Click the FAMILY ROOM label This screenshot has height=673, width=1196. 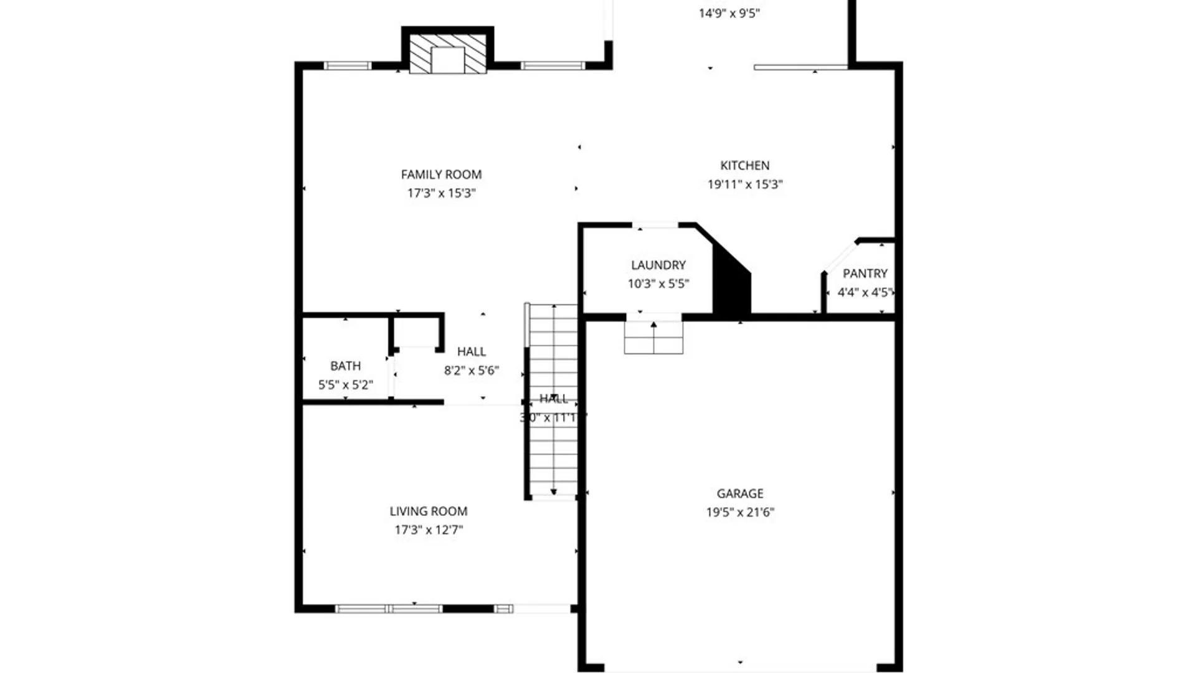click(441, 174)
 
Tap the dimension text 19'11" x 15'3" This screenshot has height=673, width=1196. click(744, 184)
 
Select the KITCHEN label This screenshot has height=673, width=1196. click(744, 165)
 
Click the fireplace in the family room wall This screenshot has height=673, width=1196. click(447, 54)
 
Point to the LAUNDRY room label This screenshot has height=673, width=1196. click(658, 265)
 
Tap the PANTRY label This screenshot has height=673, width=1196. click(865, 274)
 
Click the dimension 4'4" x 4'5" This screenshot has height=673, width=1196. click(865, 292)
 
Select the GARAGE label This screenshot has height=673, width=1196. click(739, 494)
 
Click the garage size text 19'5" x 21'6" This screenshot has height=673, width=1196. click(739, 512)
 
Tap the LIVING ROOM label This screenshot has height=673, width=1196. click(428, 511)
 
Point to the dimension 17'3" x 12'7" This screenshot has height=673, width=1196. click(428, 530)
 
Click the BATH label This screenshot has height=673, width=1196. click(345, 366)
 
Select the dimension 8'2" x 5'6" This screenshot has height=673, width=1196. click(471, 371)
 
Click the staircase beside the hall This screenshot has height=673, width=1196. click(553, 449)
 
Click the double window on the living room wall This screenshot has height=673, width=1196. click(389, 608)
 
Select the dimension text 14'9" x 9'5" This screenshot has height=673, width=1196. click(729, 13)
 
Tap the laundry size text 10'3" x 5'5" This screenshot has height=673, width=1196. click(658, 284)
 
